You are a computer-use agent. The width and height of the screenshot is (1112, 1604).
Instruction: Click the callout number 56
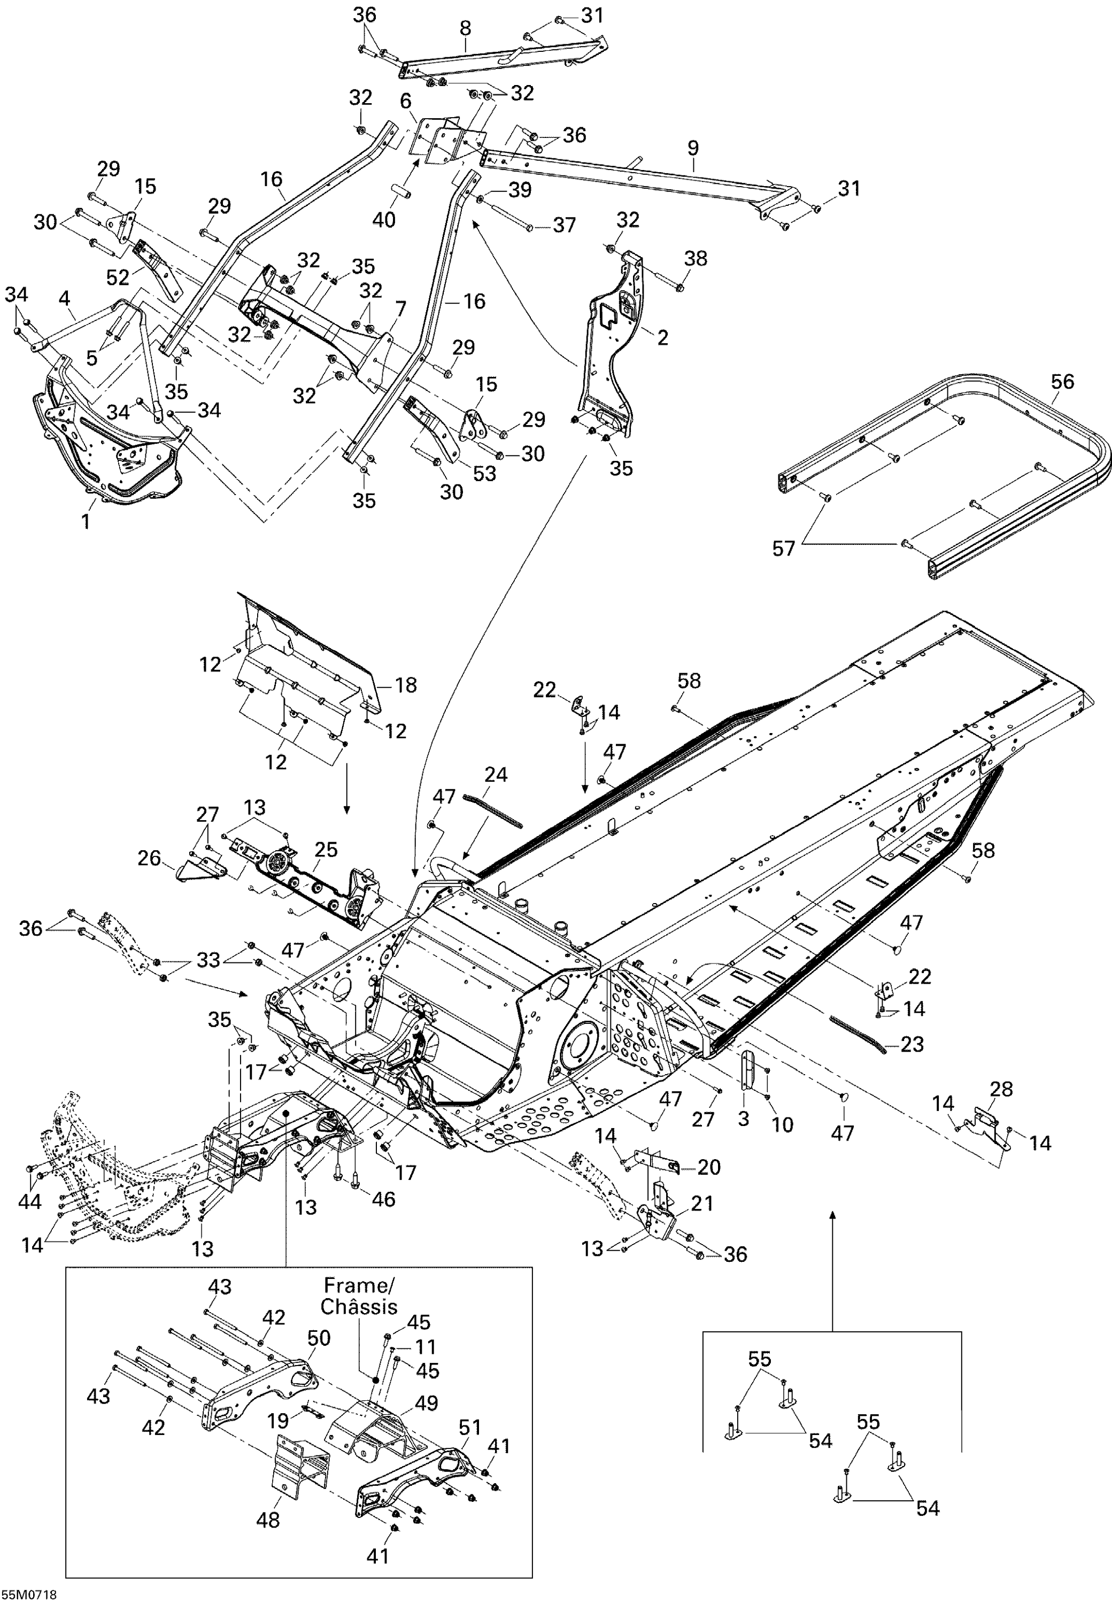pos(1062,382)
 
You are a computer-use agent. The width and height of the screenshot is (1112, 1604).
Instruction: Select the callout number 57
pos(783,549)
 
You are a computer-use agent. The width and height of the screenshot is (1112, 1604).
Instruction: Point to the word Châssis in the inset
pos(359,1307)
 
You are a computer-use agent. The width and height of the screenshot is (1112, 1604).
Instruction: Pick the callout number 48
pos(268,1520)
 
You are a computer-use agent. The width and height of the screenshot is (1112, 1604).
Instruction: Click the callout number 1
pos(86,522)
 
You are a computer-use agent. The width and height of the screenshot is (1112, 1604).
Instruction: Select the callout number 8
pos(466,28)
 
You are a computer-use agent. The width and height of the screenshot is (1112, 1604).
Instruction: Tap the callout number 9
pos(692,148)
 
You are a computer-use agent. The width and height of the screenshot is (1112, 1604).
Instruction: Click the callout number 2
pos(662,338)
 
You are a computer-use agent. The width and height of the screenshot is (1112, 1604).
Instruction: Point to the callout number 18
pos(405,685)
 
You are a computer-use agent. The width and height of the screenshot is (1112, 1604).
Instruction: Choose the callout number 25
pos(326,850)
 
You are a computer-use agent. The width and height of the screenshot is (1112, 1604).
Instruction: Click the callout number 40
pos(384,220)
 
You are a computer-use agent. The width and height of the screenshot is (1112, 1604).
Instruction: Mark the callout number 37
pos(565,225)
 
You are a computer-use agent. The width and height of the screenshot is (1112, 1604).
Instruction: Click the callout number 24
pos(496,774)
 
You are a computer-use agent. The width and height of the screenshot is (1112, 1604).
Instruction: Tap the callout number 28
pos(1001,1089)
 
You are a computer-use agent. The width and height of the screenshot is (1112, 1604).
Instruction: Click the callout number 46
pos(383,1199)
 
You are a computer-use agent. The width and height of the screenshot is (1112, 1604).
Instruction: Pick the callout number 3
pos(744,1119)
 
